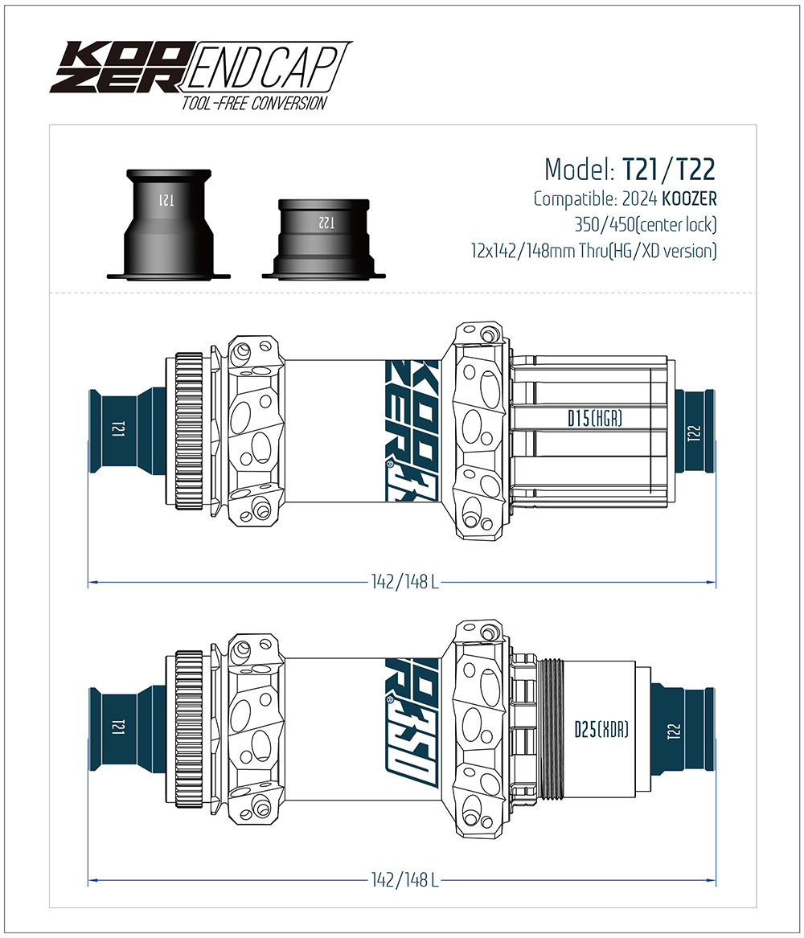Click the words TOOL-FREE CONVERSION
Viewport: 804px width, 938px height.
(254, 103)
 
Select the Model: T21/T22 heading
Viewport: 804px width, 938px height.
(630, 170)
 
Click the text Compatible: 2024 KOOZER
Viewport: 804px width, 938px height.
(625, 199)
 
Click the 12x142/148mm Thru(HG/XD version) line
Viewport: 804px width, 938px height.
(593, 251)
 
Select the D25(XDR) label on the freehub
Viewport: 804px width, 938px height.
(601, 729)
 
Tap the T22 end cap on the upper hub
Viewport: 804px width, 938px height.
(693, 433)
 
